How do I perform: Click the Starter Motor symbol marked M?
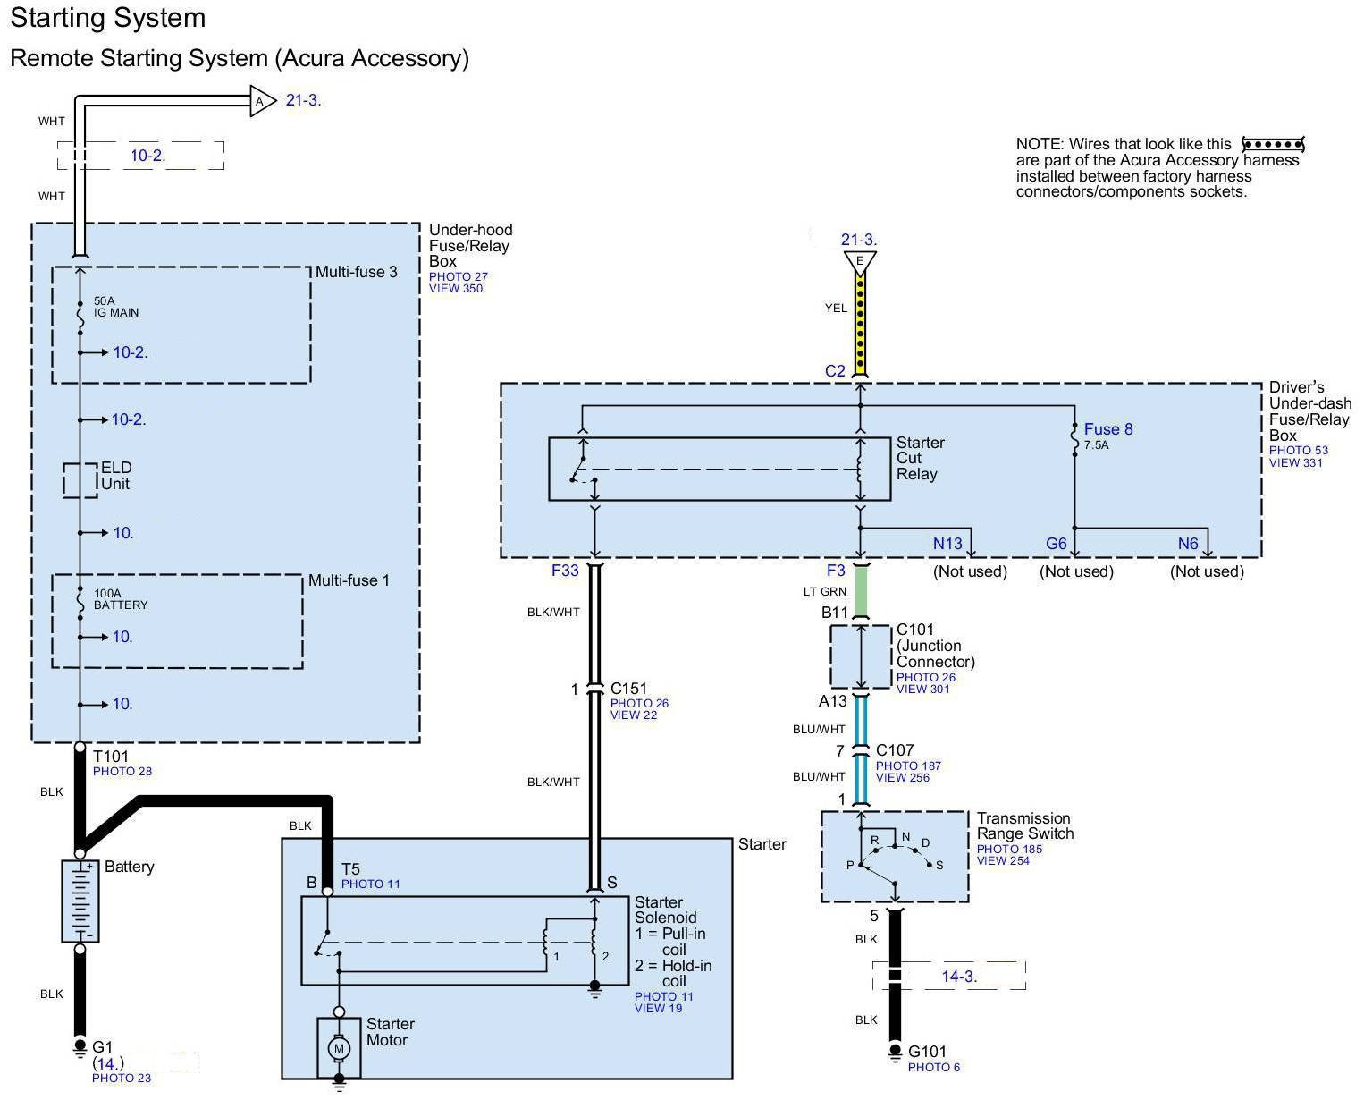[x=338, y=1046]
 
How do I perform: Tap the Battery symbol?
[x=80, y=901]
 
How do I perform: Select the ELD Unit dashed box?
[x=80, y=479]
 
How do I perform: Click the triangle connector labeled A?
[x=261, y=101]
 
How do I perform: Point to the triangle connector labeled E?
[x=860, y=261]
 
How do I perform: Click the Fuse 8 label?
[x=1107, y=429]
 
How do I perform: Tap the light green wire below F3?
[x=861, y=592]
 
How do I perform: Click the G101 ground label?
[x=927, y=1052]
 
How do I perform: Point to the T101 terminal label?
[x=111, y=757]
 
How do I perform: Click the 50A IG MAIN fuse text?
[x=116, y=307]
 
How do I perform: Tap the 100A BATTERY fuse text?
[x=121, y=599]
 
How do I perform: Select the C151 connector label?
[x=628, y=689]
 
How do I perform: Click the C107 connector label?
[x=895, y=750]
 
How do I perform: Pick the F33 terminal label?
[x=565, y=571]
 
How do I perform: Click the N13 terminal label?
[x=947, y=544]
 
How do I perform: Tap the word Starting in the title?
[x=63, y=18]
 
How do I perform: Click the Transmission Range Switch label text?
[x=1024, y=825]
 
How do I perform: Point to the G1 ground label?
[x=103, y=1046]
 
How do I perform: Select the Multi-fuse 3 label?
[x=356, y=272]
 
